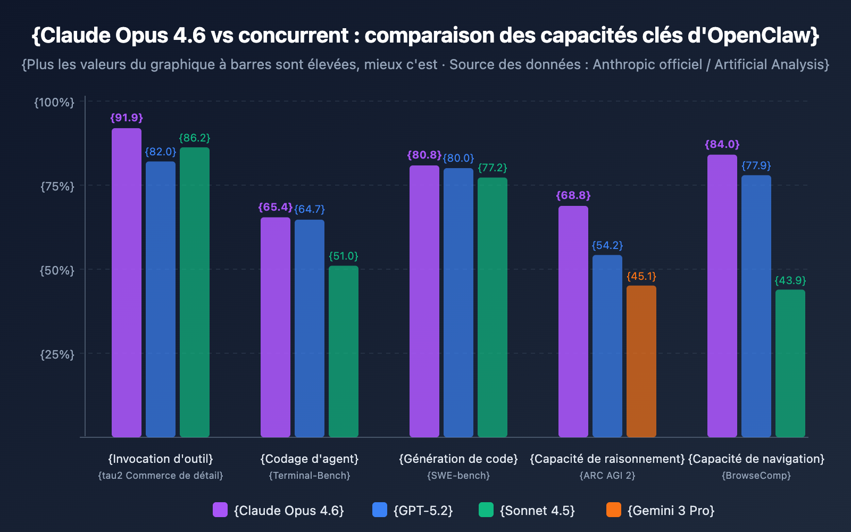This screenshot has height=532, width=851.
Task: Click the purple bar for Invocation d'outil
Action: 127,282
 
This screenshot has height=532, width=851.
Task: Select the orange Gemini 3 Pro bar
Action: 641,361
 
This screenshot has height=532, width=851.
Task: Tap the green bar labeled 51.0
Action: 344,351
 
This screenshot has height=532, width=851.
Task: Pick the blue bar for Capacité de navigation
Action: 756,306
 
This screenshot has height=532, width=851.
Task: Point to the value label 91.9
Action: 127,118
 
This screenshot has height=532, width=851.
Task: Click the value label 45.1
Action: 641,276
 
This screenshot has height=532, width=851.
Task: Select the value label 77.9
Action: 756,165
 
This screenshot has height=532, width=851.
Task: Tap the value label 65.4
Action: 275,207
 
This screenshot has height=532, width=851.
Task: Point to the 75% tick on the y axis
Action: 57,186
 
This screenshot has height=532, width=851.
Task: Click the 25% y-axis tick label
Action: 57,354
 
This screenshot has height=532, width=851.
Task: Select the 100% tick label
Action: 54,102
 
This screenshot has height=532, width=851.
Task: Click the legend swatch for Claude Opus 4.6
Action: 220,510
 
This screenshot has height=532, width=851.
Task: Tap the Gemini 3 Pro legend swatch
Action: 614,510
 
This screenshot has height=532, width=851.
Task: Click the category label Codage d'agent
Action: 310,459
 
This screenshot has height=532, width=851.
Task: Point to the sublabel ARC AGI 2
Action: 607,475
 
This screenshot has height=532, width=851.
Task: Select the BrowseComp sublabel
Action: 756,475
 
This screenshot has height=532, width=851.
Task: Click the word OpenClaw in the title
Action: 761,35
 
